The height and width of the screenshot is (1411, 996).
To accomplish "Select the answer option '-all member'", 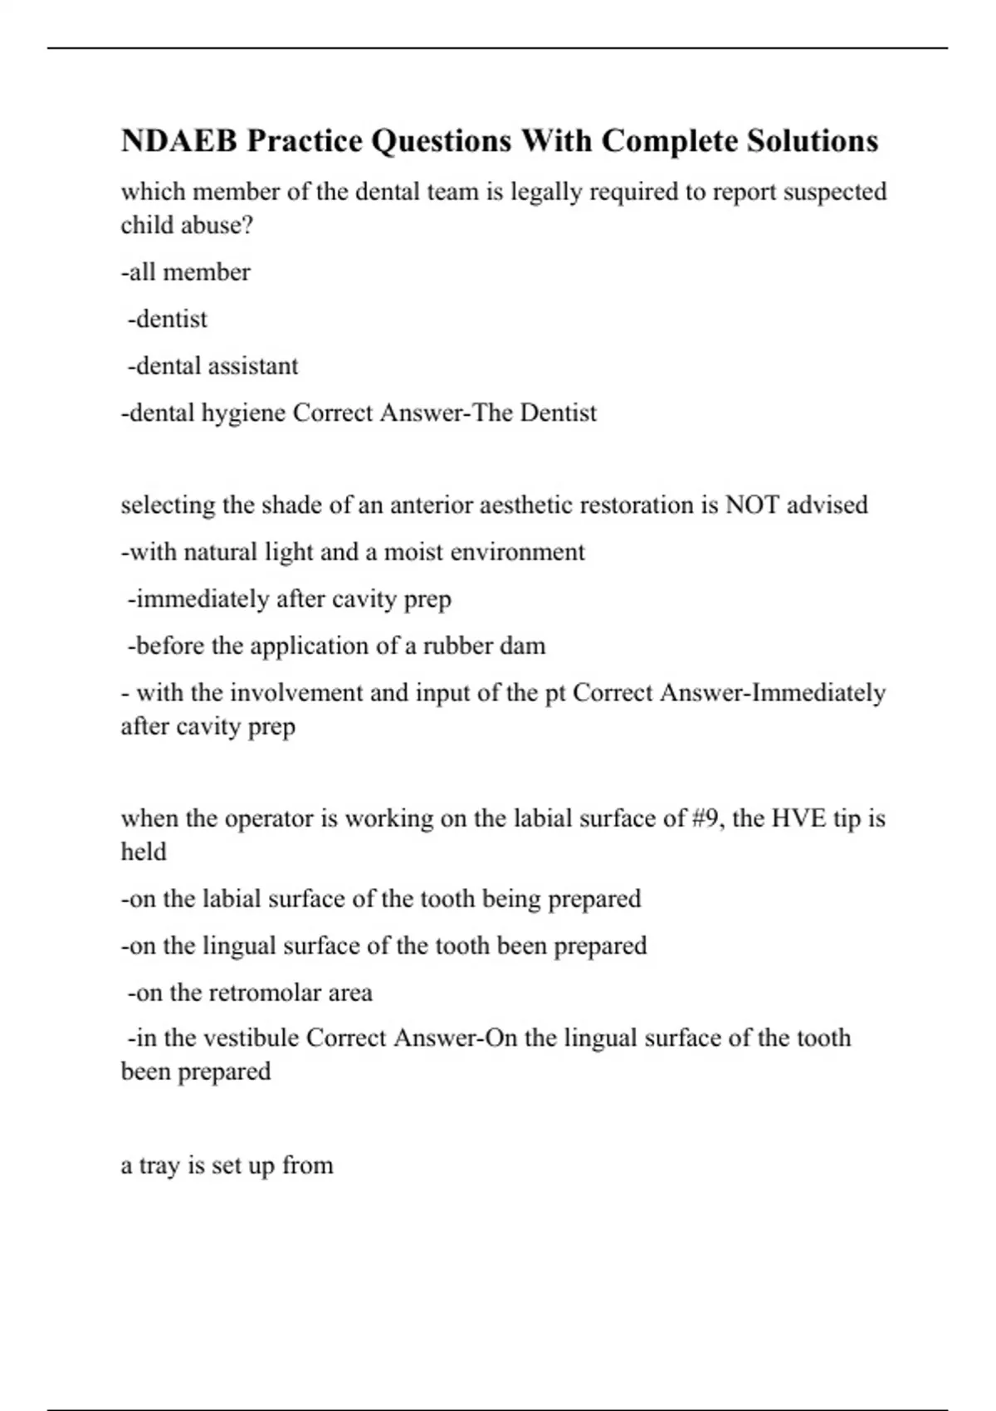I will (185, 272).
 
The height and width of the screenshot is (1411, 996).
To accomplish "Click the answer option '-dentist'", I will (167, 319).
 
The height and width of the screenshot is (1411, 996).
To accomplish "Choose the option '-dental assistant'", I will (212, 366).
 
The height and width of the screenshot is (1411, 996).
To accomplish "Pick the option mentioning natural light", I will (353, 552).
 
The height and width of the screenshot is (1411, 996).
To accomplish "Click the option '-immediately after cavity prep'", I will (289, 598).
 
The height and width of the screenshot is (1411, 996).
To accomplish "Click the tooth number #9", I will (706, 818).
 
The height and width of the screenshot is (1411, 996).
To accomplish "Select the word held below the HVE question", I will (144, 852).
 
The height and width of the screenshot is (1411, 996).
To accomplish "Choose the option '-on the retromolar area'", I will (249, 993).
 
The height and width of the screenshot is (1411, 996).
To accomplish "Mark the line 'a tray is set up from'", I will (227, 1165).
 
